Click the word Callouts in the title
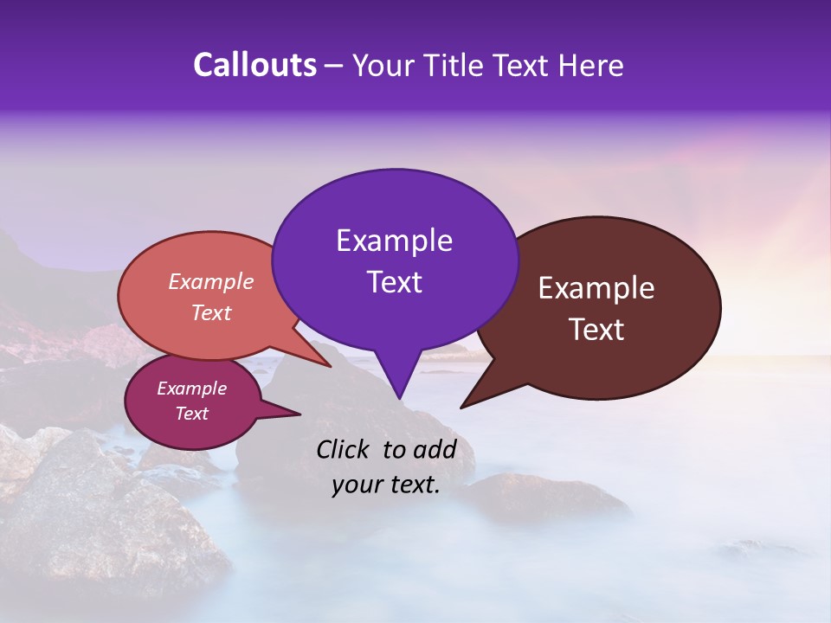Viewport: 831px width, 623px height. [254, 65]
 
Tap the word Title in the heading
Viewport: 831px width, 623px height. [456, 65]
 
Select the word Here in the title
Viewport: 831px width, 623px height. [593, 65]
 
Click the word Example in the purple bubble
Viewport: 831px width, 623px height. [394, 241]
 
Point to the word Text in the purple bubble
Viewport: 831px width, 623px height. [394, 282]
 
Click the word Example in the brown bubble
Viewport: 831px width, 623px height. [596, 288]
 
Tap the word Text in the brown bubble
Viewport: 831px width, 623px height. [596, 330]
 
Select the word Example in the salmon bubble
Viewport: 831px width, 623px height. [211, 281]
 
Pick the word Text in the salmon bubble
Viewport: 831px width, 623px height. [211, 312]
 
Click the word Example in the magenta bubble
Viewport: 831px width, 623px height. [192, 389]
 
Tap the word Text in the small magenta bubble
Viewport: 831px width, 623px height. [192, 414]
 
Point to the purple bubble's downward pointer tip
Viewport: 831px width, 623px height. [399, 398]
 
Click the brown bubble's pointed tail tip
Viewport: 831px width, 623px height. [461, 407]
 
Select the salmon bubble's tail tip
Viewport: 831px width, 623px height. [330, 366]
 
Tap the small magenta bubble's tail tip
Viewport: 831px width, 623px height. [300, 414]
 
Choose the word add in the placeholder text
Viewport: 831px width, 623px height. [435, 449]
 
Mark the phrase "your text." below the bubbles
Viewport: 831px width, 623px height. [386, 485]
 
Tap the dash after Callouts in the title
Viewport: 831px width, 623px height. [335, 66]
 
